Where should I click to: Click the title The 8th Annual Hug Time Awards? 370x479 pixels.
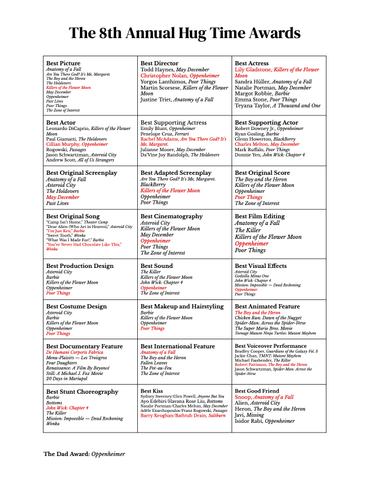(184, 33)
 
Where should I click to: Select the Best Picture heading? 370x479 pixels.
(63, 63)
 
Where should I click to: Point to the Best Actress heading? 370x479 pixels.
(252, 63)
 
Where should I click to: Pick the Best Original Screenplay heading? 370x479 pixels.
(82, 173)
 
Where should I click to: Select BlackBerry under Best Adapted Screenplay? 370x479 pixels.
(153, 184)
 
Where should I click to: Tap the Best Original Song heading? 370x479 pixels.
(73, 217)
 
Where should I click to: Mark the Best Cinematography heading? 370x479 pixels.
(172, 217)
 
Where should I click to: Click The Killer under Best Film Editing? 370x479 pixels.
(248, 230)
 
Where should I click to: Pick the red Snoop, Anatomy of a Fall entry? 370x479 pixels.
(264, 397)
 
